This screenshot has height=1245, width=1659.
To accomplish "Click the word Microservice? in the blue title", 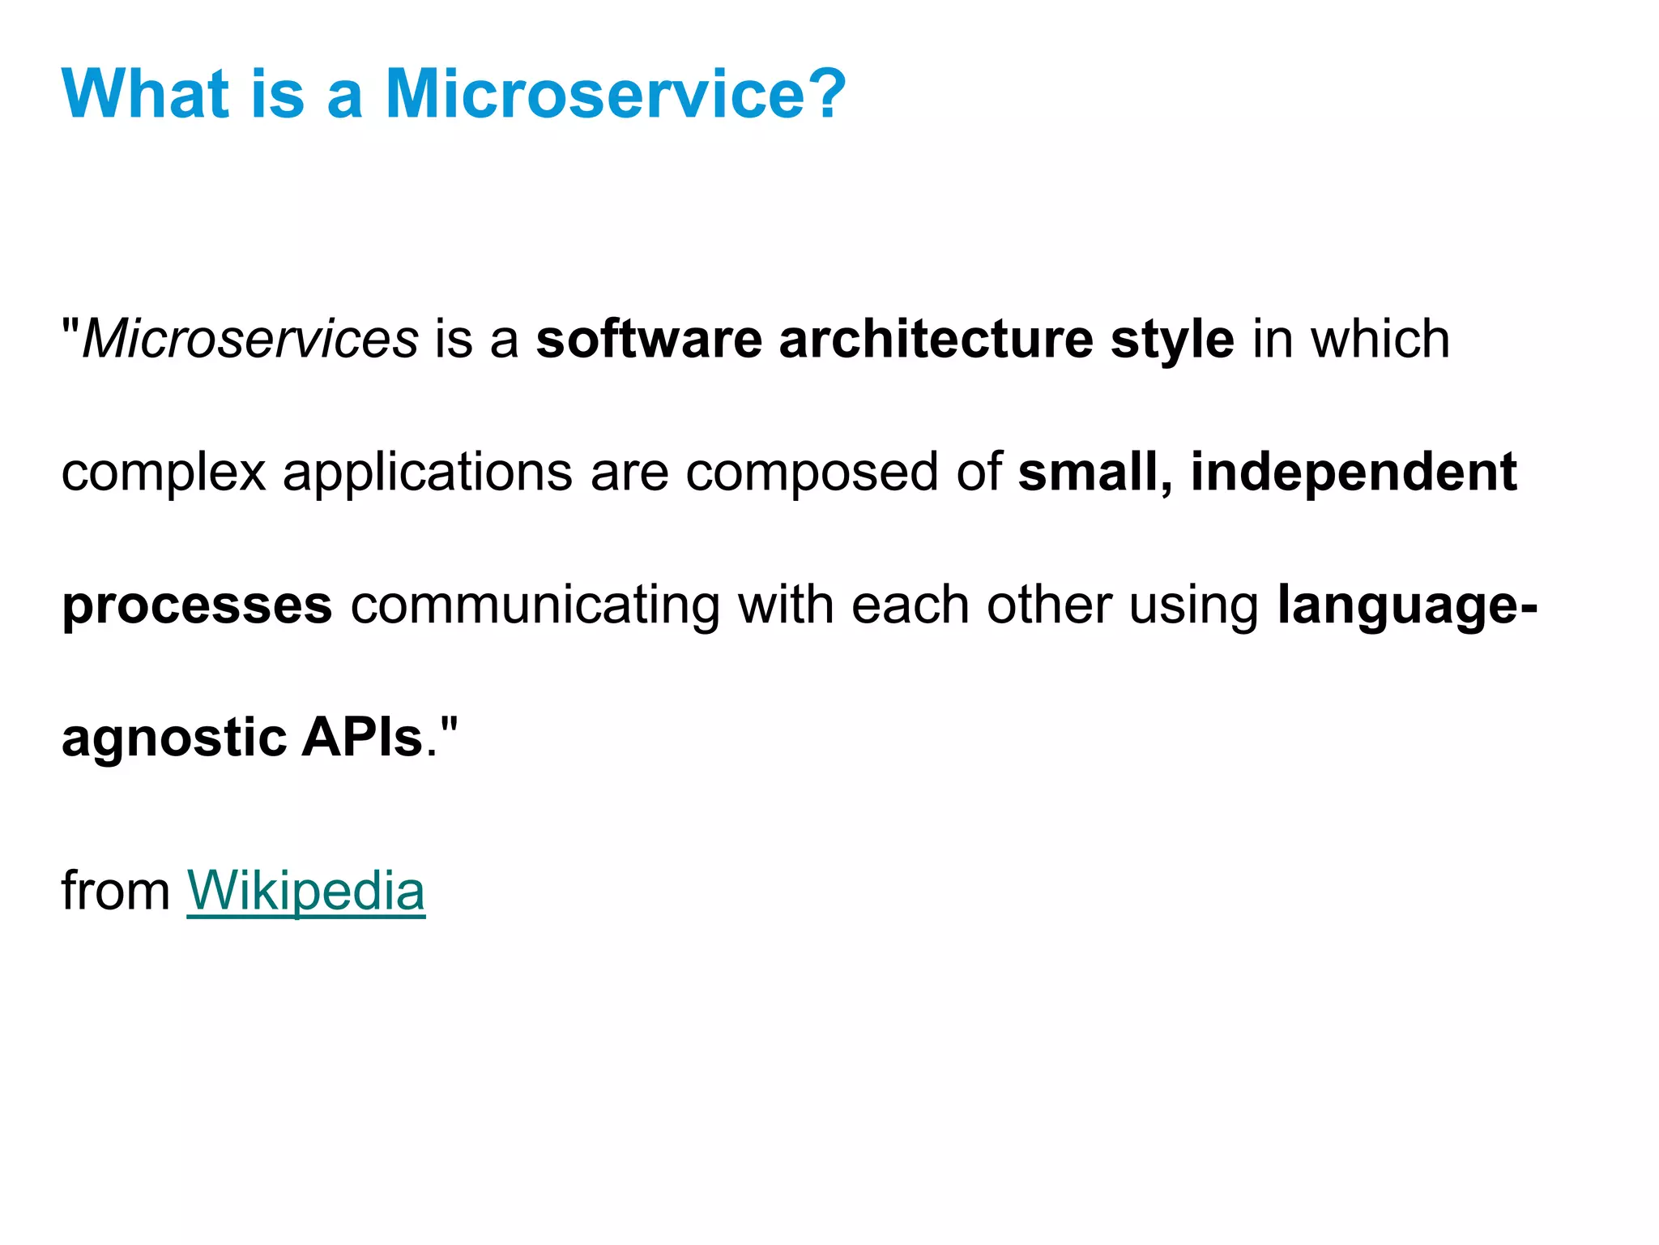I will click(x=616, y=94).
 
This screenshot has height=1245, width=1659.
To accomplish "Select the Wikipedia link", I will click(x=305, y=891).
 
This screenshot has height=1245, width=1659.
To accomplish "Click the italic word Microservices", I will click(x=250, y=339).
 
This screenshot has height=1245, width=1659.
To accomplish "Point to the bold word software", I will click(x=649, y=339).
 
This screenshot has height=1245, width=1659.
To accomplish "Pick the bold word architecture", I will click(x=936, y=339).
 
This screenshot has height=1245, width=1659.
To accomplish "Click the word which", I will click(x=1380, y=339).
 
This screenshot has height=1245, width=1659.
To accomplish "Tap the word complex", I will click(x=164, y=473).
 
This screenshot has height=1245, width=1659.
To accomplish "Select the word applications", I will click(x=427, y=473).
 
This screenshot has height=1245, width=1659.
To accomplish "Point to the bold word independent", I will click(x=1354, y=473).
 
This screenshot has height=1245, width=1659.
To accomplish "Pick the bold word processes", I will click(x=197, y=606).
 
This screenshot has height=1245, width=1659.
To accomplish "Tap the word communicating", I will click(x=535, y=606).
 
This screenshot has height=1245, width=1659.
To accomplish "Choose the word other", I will click(x=1048, y=605).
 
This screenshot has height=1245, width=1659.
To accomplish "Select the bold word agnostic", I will click(x=174, y=739).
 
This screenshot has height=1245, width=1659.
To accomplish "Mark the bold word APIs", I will click(x=362, y=738).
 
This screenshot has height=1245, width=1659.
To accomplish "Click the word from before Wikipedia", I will click(x=115, y=891).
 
